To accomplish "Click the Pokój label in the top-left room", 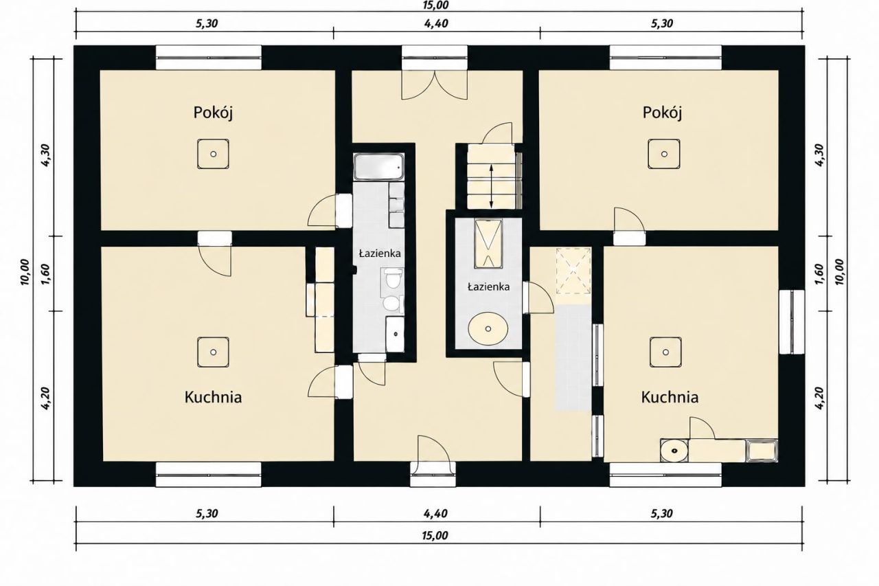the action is point(213,113).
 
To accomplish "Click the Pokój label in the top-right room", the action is point(662,113).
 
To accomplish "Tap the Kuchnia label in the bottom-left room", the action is point(213,397).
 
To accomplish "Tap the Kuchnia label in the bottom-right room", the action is point(670,397).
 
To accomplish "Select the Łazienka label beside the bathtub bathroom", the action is point(380,253).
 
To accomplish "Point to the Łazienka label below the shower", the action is point(488,287).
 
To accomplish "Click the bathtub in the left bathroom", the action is point(378,167).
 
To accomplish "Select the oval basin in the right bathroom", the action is point(488,329).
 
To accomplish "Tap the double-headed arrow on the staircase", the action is point(491,186).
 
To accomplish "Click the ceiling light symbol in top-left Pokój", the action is point(213,154).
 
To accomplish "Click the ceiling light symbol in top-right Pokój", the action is point(664,154).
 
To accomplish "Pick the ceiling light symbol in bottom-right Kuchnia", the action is point(665,352).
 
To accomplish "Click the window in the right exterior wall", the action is point(792,322).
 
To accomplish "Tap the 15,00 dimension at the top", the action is point(435,5).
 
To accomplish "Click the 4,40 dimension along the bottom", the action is point(435,513).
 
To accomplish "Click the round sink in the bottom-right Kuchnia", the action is point(674,450).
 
